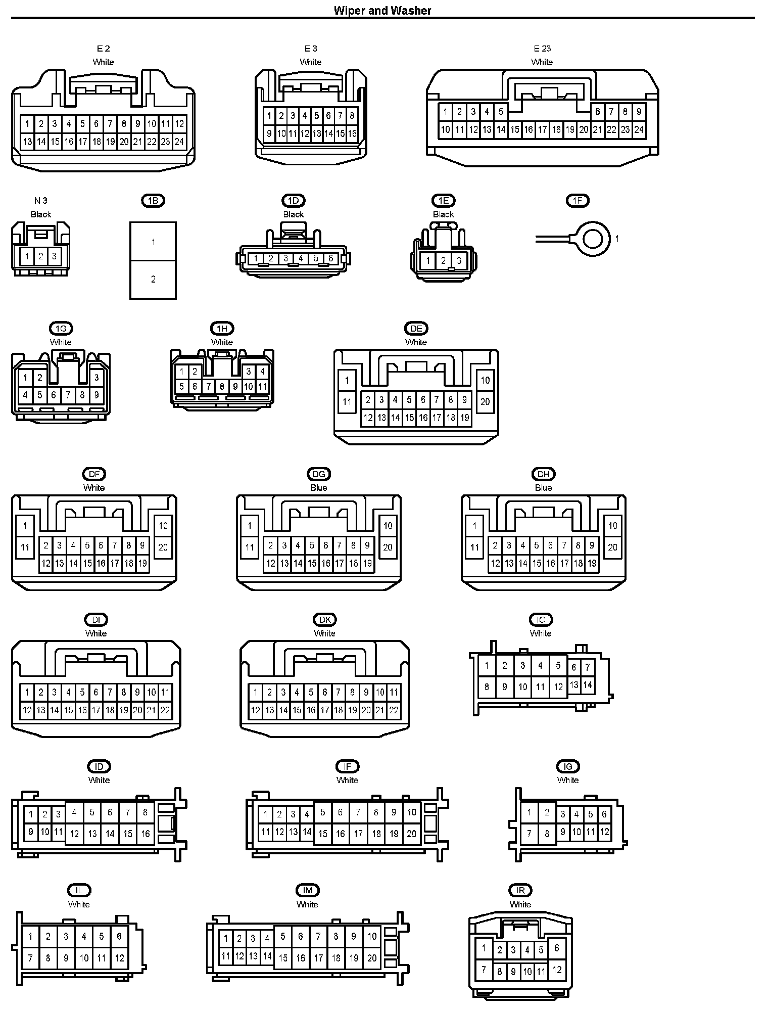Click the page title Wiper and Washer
(x=382, y=11)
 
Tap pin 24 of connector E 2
(x=179, y=142)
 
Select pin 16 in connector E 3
(x=352, y=134)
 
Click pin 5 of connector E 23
(x=501, y=112)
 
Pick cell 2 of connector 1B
(x=153, y=279)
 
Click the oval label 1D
(x=293, y=201)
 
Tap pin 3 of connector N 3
(x=55, y=256)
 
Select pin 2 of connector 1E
(x=443, y=261)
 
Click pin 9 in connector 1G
(x=97, y=395)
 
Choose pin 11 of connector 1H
(x=262, y=387)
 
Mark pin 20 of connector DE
(x=485, y=402)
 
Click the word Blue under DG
(x=319, y=488)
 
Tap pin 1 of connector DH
(x=474, y=526)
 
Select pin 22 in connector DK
(x=394, y=710)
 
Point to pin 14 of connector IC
(x=588, y=685)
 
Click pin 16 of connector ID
(x=146, y=834)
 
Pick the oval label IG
(x=568, y=766)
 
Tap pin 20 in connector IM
(x=372, y=958)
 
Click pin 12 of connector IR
(x=557, y=970)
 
